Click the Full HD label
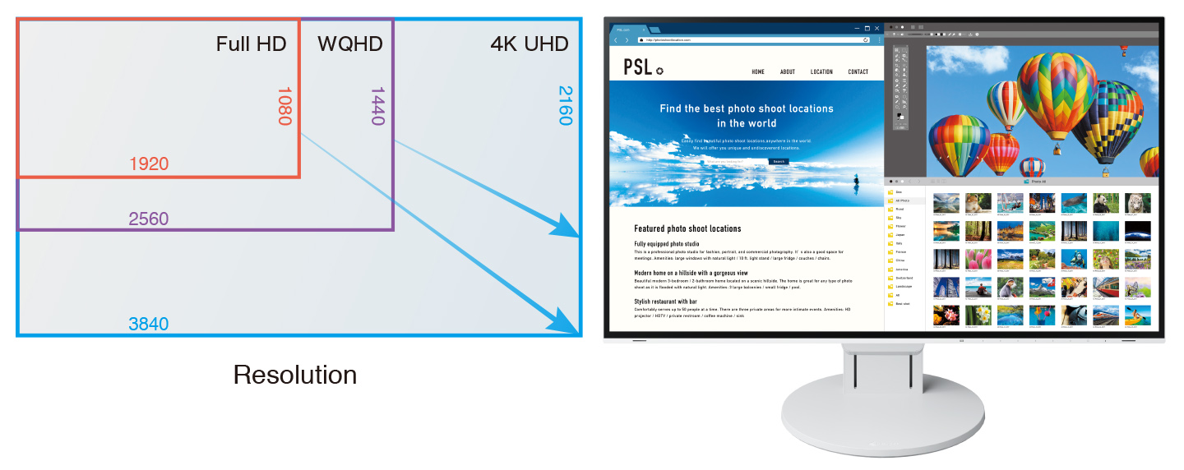coord(251,44)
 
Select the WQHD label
coord(350,44)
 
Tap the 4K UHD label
coord(529,44)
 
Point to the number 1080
coord(284,106)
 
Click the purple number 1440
coord(377,106)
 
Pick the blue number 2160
coord(564,105)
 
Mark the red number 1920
coord(149,164)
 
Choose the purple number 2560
coord(149,219)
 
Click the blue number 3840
coord(149,325)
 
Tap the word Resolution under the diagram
coord(295,375)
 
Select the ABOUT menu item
coord(788,72)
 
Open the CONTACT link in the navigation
coord(858,72)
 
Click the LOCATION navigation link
coord(821,72)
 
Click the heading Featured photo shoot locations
coord(687,228)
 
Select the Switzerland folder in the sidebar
coord(904,278)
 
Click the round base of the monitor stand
coord(881,419)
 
